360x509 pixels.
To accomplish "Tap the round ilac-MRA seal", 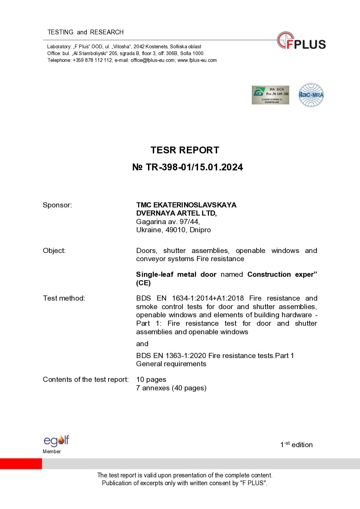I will [311, 95].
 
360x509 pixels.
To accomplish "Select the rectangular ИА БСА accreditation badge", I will [270, 95].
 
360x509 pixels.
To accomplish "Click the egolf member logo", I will [56, 441].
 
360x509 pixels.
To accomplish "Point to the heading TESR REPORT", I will [185, 150].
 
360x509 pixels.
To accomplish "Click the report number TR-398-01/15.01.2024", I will [194, 167].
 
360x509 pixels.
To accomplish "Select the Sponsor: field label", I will [57, 205].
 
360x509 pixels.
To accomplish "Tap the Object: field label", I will [54, 251].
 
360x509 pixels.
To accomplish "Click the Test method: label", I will [64, 298].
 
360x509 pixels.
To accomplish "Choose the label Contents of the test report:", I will [86, 379].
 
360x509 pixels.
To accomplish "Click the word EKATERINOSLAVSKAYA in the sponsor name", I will [195, 205].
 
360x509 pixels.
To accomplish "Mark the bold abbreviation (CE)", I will [143, 283].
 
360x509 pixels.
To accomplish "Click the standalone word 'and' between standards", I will [142, 344].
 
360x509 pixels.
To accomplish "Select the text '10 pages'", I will [151, 379].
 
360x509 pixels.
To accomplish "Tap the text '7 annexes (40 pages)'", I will [171, 388].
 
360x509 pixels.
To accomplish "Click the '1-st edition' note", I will [296, 444].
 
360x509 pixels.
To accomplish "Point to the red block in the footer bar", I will [21, 463].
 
